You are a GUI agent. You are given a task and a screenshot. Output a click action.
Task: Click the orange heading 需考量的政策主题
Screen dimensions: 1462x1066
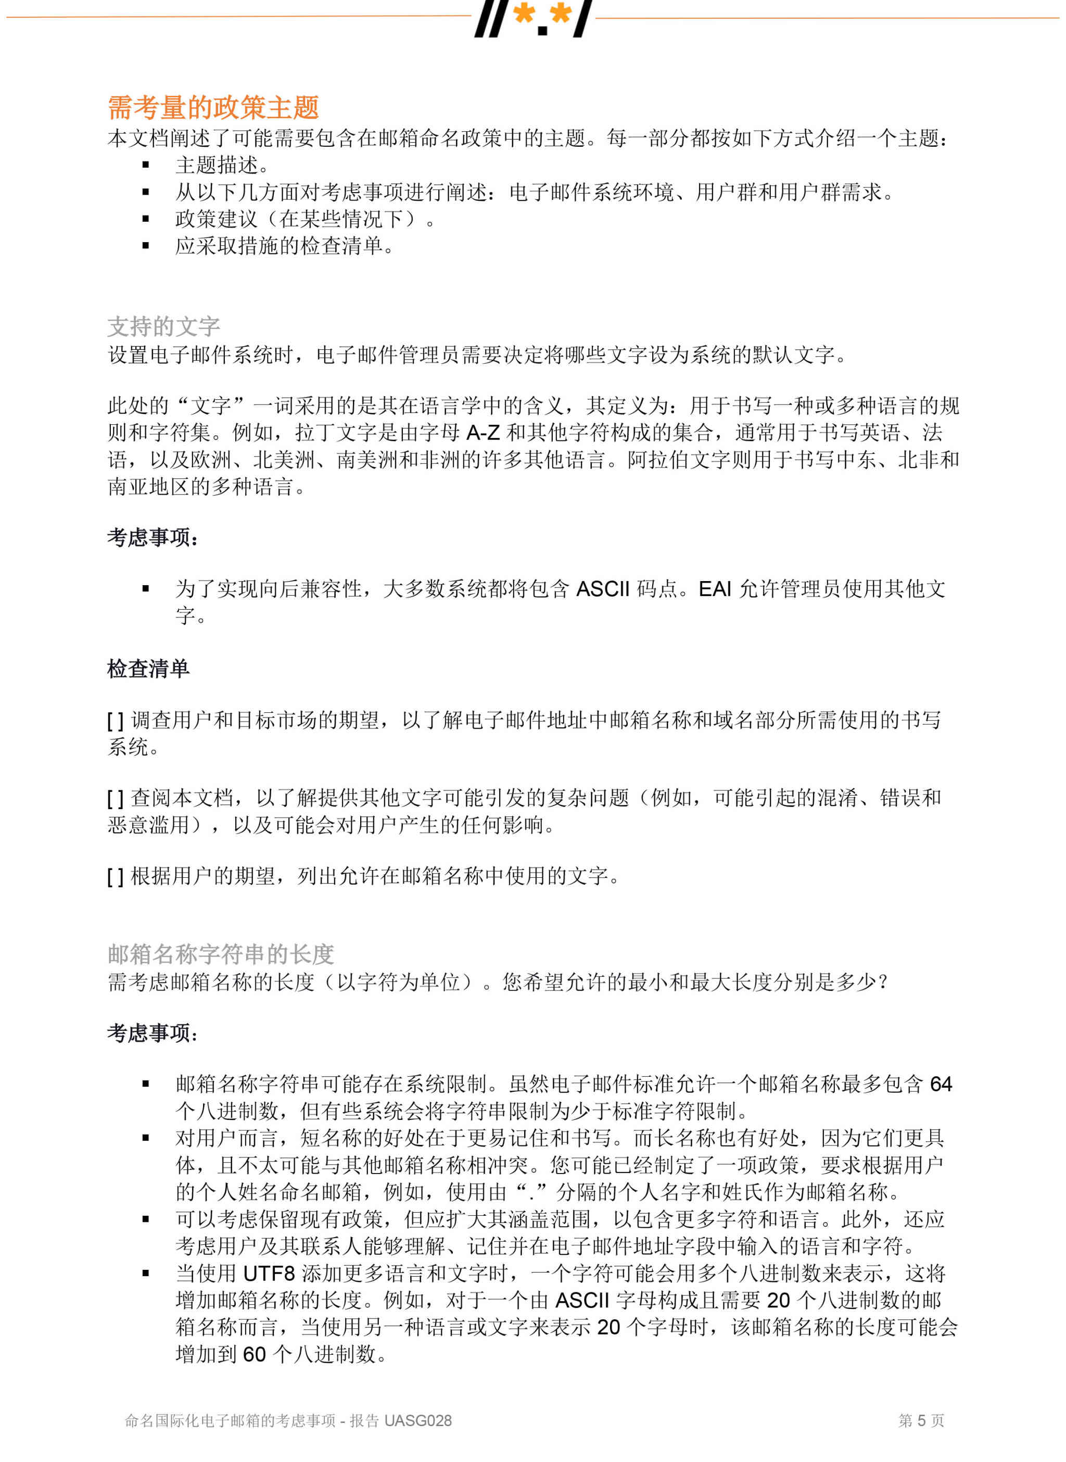point(213,108)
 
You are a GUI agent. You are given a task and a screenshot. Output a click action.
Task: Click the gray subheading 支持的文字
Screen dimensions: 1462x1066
point(164,326)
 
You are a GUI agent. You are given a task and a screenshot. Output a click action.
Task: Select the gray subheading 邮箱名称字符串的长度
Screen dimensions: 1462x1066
point(221,954)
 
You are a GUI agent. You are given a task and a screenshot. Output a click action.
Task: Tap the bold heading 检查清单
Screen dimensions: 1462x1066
point(148,669)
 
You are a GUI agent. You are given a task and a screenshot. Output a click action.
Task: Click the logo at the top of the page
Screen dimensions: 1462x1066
point(533,18)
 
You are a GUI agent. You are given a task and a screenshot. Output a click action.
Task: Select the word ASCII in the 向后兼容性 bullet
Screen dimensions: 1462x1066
point(602,589)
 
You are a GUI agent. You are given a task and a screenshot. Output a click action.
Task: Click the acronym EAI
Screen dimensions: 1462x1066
point(715,589)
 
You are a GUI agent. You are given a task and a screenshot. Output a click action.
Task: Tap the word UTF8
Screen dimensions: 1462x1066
point(269,1274)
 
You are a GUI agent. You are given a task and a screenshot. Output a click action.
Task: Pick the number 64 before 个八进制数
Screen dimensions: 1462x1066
point(940,1084)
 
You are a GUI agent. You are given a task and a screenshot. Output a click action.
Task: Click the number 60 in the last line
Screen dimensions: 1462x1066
point(253,1354)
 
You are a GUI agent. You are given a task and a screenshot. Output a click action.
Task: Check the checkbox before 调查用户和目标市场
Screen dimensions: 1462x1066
point(115,721)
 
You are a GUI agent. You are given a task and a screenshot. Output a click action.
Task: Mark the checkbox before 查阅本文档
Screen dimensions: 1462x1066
point(115,799)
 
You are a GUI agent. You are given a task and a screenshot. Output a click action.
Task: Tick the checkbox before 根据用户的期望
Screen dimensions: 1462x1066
point(115,877)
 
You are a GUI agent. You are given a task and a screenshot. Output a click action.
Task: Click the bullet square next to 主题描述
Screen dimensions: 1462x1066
point(146,165)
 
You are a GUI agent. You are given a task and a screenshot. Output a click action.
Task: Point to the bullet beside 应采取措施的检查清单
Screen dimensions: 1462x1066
point(146,246)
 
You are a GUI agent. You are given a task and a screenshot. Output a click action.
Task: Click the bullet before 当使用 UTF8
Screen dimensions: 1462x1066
point(146,1274)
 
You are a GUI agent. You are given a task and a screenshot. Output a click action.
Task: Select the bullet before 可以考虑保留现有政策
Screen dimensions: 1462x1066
point(146,1219)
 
